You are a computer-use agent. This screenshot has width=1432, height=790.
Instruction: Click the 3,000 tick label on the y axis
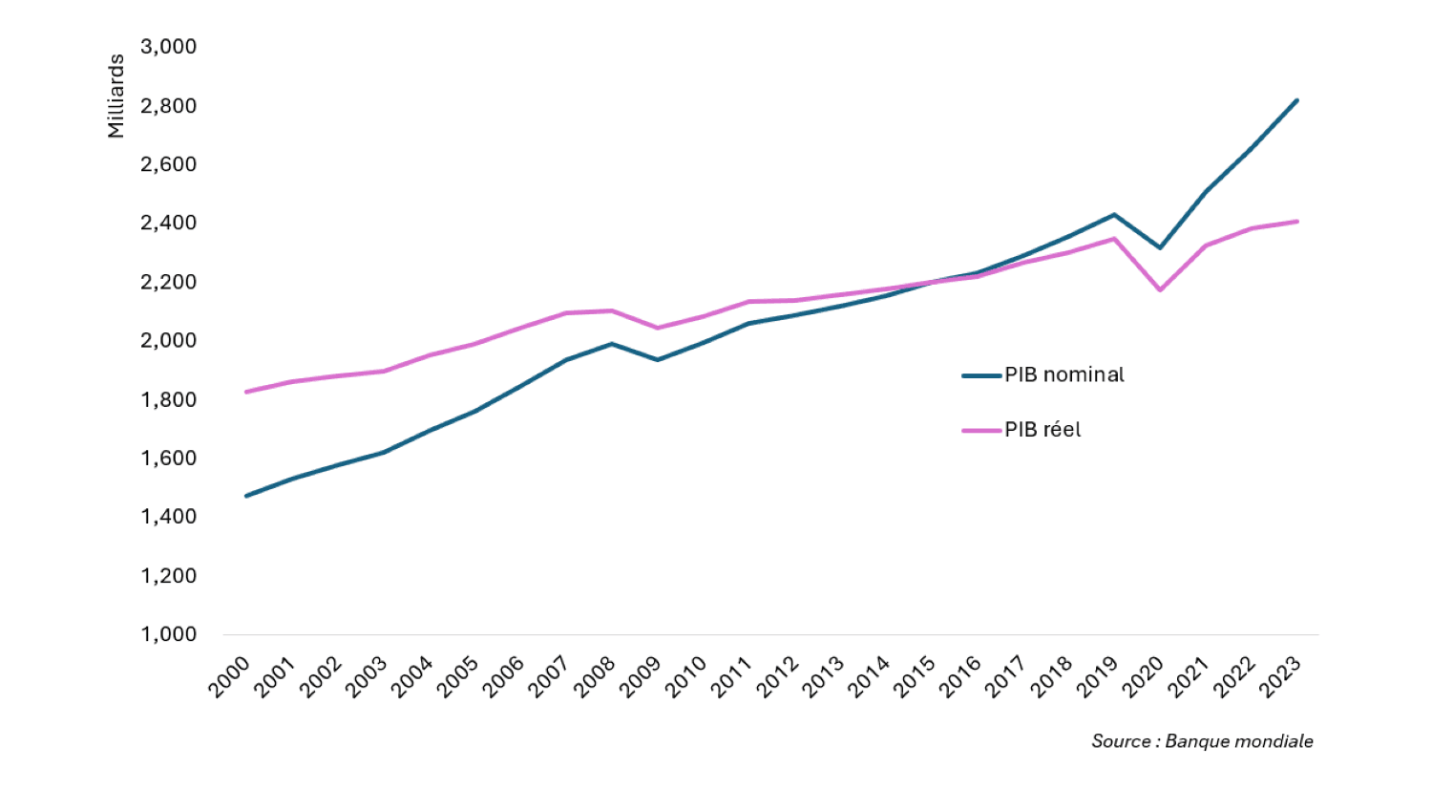168,47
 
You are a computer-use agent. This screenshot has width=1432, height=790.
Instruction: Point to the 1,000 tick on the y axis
168,635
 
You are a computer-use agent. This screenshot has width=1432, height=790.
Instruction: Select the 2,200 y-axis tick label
168,282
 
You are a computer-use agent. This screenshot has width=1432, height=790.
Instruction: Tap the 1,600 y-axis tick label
168,459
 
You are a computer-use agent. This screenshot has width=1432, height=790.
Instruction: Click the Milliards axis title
116,96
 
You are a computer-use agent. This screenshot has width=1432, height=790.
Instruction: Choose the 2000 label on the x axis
229,676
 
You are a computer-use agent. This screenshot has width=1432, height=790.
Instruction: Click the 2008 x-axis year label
595,676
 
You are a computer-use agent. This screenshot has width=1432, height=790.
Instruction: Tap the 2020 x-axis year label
1144,676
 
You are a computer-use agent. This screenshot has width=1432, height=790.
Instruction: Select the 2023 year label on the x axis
1281,676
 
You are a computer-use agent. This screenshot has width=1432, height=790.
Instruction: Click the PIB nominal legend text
1063,375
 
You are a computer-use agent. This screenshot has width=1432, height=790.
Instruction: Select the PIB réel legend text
1042,430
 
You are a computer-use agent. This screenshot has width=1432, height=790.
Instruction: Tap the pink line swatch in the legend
981,431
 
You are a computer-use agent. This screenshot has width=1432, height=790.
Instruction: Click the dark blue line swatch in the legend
981,376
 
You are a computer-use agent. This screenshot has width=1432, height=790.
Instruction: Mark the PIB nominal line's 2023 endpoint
1296,100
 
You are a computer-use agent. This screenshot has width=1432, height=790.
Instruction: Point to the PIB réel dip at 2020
1160,289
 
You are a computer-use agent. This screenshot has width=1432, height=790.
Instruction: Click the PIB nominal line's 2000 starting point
246,496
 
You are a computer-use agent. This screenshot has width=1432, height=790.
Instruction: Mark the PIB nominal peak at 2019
1114,215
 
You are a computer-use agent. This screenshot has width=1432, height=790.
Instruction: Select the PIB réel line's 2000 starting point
246,392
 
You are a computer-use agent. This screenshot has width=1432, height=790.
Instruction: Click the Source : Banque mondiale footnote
1202,741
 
